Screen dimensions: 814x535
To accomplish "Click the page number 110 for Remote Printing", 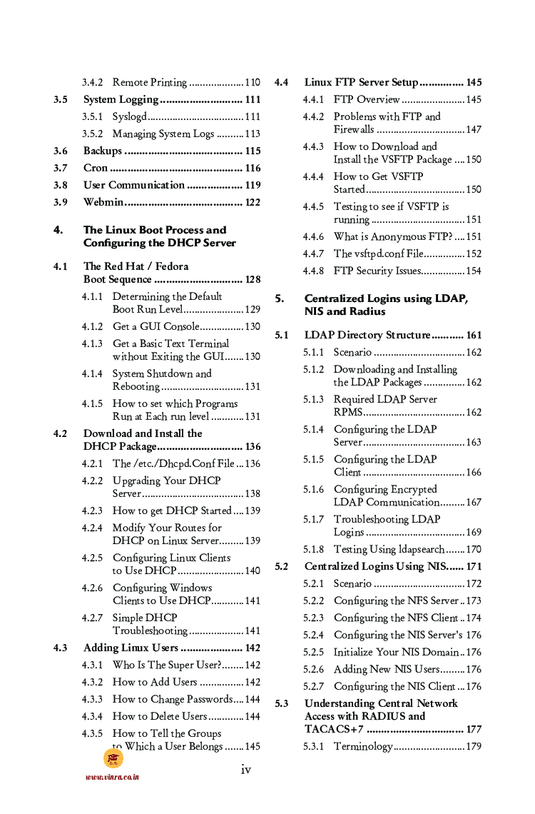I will click(253, 83).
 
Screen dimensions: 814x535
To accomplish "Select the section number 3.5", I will click(61, 100).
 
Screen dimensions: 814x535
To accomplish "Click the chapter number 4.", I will click(58, 230).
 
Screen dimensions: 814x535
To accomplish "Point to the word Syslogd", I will click(129, 117).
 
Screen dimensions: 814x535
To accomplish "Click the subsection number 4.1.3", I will click(92, 344).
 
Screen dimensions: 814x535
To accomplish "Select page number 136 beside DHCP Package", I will click(253, 447).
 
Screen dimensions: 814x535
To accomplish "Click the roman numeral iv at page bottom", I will click(246, 769).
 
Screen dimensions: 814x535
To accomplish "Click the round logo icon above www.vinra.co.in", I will click(113, 758).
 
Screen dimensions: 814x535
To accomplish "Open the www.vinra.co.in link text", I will click(112, 777).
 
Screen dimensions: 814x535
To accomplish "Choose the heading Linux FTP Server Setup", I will click(361, 83).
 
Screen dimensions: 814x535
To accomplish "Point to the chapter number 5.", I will click(280, 298).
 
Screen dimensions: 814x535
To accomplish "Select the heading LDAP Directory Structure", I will click(367, 336).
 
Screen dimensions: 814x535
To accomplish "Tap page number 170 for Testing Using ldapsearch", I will click(474, 550).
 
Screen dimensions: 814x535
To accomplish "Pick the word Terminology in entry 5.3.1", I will click(362, 747).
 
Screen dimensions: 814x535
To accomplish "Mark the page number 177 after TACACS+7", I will click(474, 730).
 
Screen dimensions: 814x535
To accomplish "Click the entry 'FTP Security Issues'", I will click(377, 271).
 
